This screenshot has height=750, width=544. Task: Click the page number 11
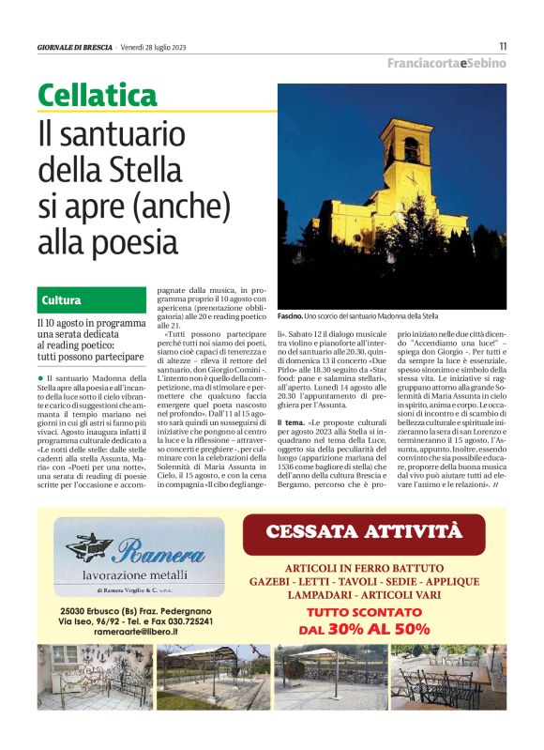click(503, 46)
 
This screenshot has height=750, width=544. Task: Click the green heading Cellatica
click(98, 95)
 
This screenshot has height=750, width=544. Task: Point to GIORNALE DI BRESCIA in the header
click(75, 47)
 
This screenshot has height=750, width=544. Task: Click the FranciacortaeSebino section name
click(446, 63)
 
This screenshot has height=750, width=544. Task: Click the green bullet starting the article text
click(40, 350)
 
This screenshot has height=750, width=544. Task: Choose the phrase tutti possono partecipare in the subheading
click(90, 358)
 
